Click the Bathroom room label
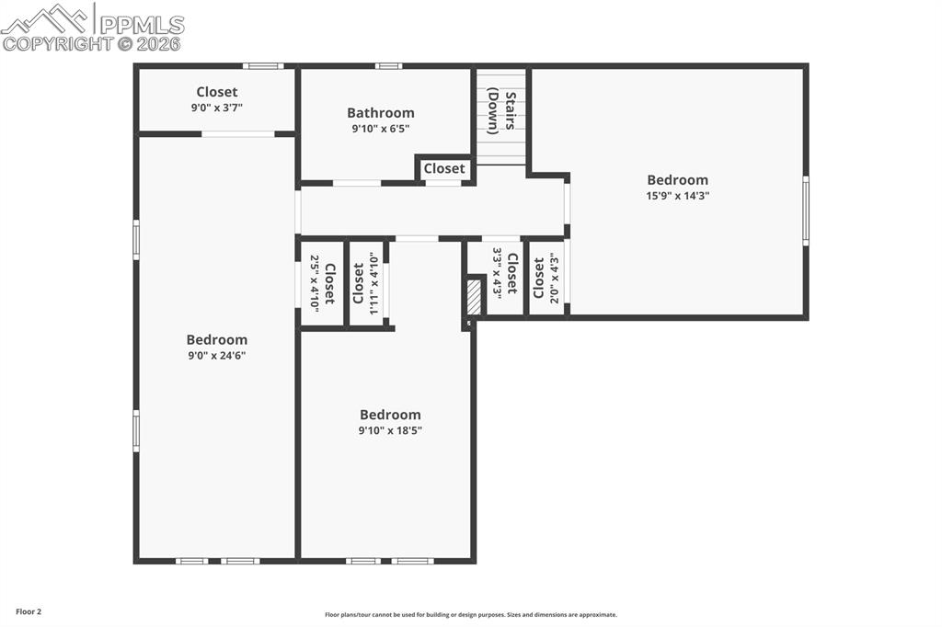[380, 113]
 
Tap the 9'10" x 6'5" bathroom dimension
[380, 129]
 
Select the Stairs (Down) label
[500, 111]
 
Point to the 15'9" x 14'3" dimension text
[677, 196]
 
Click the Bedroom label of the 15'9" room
[677, 180]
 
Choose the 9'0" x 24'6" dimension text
[216, 355]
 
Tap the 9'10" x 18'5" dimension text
[390, 430]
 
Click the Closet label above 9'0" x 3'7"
[216, 92]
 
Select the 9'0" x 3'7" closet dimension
[216, 108]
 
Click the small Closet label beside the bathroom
[444, 169]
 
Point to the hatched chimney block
[474, 298]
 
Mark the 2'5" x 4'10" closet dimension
[315, 283]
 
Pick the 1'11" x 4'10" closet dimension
[373, 283]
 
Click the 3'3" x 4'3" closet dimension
[498, 272]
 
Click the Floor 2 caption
[29, 611]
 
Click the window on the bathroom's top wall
[388, 65]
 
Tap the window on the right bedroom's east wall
[806, 211]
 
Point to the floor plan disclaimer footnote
[470, 615]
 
